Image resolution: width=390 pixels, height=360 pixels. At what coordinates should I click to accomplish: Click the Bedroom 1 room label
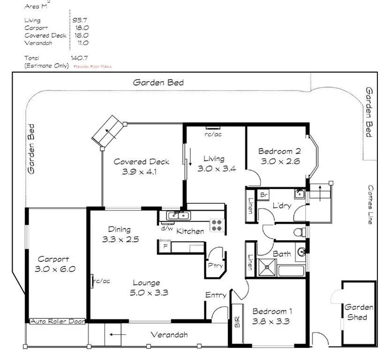272,311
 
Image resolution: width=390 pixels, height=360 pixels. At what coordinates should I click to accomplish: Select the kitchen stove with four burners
216,225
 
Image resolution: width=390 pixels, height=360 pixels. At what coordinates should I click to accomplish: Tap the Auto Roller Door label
57,322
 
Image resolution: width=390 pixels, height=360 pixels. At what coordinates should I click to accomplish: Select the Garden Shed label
359,312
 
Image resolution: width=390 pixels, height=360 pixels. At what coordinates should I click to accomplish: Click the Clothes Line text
370,204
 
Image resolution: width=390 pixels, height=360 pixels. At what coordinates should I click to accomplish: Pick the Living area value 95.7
80,20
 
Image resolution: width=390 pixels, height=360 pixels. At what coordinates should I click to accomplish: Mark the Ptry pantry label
216,266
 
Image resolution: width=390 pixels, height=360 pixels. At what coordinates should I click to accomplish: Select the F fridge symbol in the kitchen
165,246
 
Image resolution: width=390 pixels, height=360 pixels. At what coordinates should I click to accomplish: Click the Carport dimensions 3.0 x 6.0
55,269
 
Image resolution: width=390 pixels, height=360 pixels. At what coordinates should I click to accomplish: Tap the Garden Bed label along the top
158,82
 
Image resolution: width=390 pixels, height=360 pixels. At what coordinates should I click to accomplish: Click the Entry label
216,295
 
